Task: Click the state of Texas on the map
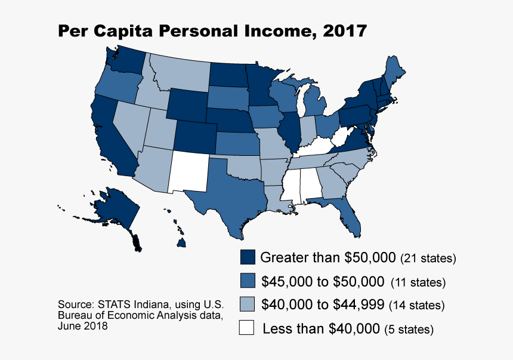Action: [x=230, y=191]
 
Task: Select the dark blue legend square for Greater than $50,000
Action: [x=248, y=258]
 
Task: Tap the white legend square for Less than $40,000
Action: [x=248, y=328]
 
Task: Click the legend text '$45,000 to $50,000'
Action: [x=322, y=281]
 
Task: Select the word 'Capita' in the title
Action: [x=122, y=31]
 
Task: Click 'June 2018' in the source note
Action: [x=83, y=327]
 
